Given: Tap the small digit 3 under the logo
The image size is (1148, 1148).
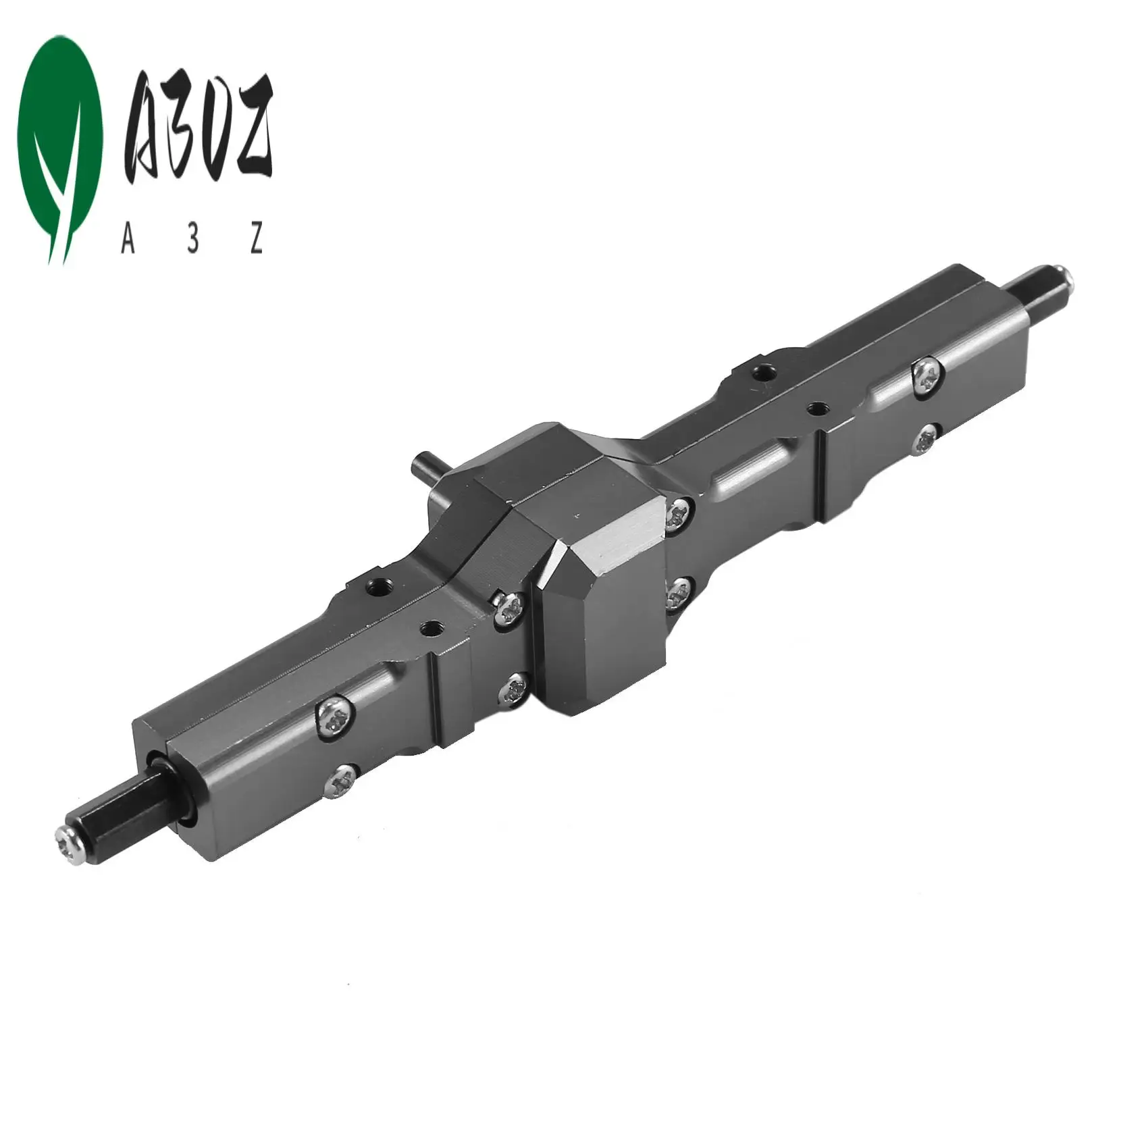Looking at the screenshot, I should (x=194, y=240).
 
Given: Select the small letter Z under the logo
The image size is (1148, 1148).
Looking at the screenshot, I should (x=256, y=240).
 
